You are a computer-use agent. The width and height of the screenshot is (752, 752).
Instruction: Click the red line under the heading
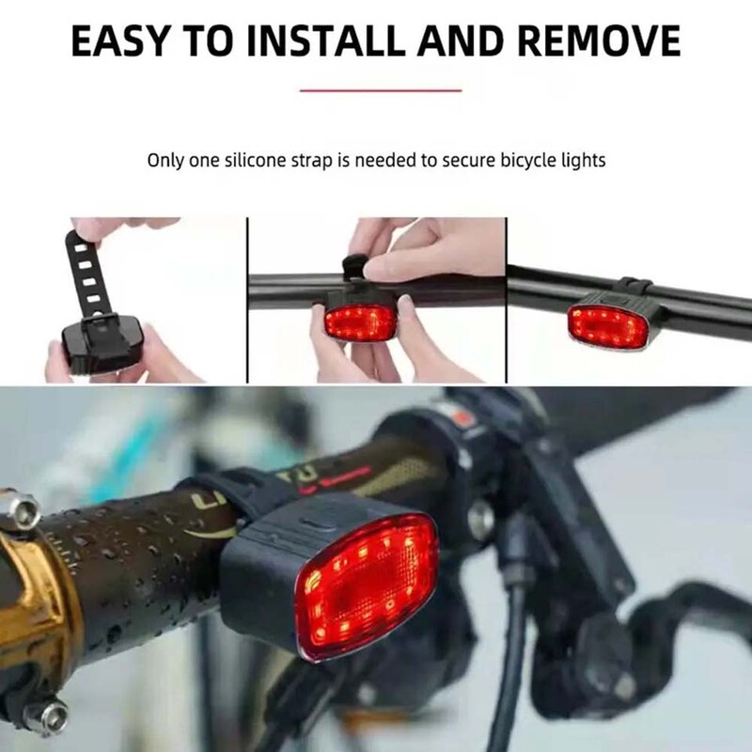pyautogui.click(x=381, y=90)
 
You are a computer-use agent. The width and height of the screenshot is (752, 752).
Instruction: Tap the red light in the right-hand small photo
pyautogui.click(x=609, y=324)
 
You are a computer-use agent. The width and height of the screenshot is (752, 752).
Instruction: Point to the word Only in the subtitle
pyautogui.click(x=165, y=161)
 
